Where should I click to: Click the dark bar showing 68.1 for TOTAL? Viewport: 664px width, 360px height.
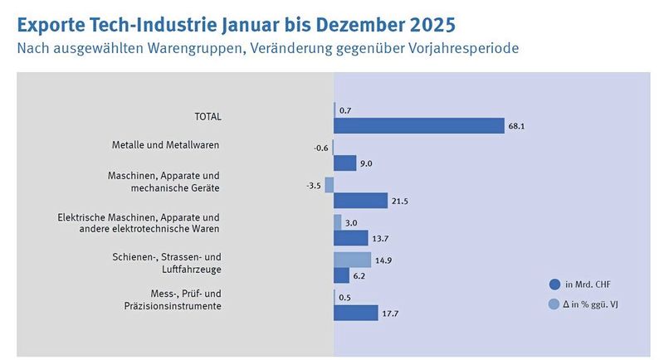[419, 125]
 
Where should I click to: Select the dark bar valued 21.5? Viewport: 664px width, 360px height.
[360, 200]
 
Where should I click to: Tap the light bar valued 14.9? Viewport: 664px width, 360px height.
[352, 260]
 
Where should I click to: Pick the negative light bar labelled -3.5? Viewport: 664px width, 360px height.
[330, 185]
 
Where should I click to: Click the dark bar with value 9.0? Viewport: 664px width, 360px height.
[344, 163]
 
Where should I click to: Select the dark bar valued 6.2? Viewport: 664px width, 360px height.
[341, 275]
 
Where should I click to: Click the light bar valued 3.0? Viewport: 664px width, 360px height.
[338, 222]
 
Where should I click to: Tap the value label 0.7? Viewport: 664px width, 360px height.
[346, 110]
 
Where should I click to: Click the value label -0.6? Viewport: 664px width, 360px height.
[320, 148]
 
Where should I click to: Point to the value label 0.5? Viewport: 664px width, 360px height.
[346, 298]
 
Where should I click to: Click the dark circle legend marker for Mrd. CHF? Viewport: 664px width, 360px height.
[554, 285]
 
